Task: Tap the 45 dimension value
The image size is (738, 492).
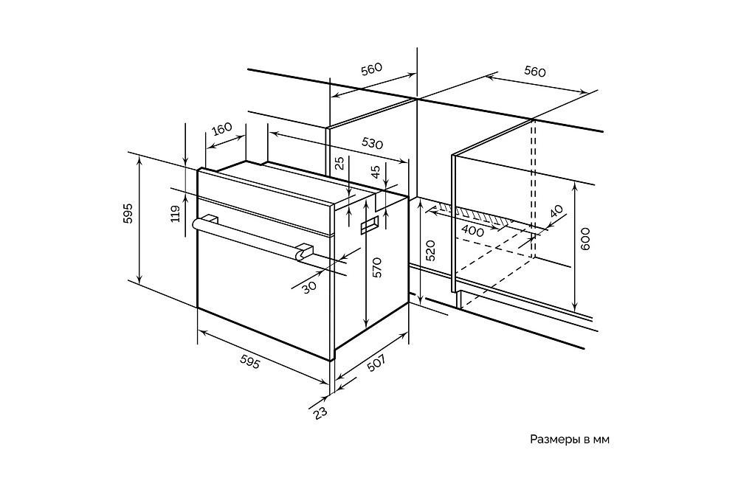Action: click(376, 172)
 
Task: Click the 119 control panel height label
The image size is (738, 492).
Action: click(175, 214)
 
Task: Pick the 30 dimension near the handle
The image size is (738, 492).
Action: click(308, 287)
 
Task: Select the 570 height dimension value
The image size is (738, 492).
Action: click(376, 267)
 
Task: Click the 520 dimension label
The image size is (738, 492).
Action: click(431, 251)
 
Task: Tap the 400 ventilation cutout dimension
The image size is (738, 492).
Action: click(472, 232)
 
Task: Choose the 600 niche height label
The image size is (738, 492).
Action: click(586, 240)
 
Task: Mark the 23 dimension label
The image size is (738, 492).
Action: click(320, 412)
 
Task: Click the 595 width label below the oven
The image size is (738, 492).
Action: click(249, 361)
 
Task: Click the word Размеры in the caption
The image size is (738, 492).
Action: click(553, 440)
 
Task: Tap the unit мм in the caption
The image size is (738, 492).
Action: click(601, 440)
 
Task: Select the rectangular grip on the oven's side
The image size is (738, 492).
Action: click(369, 226)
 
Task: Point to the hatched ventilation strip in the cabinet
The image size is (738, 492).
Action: click(480, 215)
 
